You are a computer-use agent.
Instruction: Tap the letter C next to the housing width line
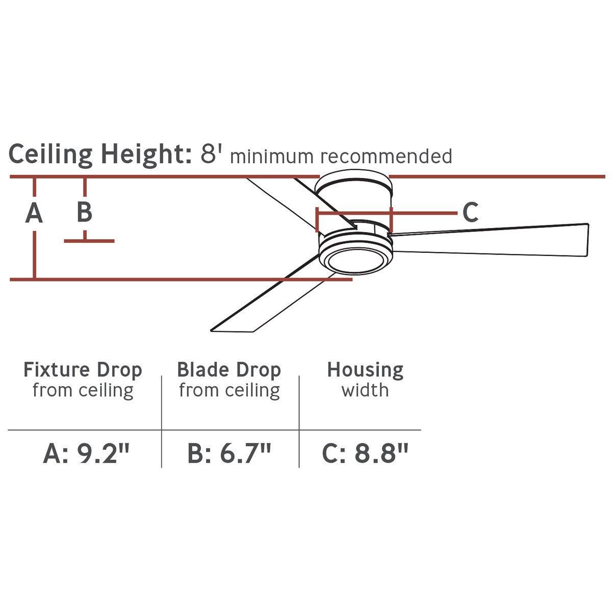click(x=470, y=212)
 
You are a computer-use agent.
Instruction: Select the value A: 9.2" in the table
click(x=86, y=454)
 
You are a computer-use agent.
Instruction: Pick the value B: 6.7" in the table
click(x=229, y=454)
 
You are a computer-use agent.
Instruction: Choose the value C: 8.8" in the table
click(x=365, y=454)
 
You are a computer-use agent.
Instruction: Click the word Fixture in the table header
click(x=56, y=369)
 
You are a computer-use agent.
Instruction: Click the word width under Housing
click(x=365, y=390)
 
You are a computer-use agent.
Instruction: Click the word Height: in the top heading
click(x=146, y=155)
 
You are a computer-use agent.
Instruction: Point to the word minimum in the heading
click(x=272, y=156)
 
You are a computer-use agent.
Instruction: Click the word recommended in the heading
click(x=387, y=156)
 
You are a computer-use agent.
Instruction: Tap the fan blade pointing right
click(x=489, y=239)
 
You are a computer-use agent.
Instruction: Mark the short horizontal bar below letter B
click(x=89, y=241)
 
